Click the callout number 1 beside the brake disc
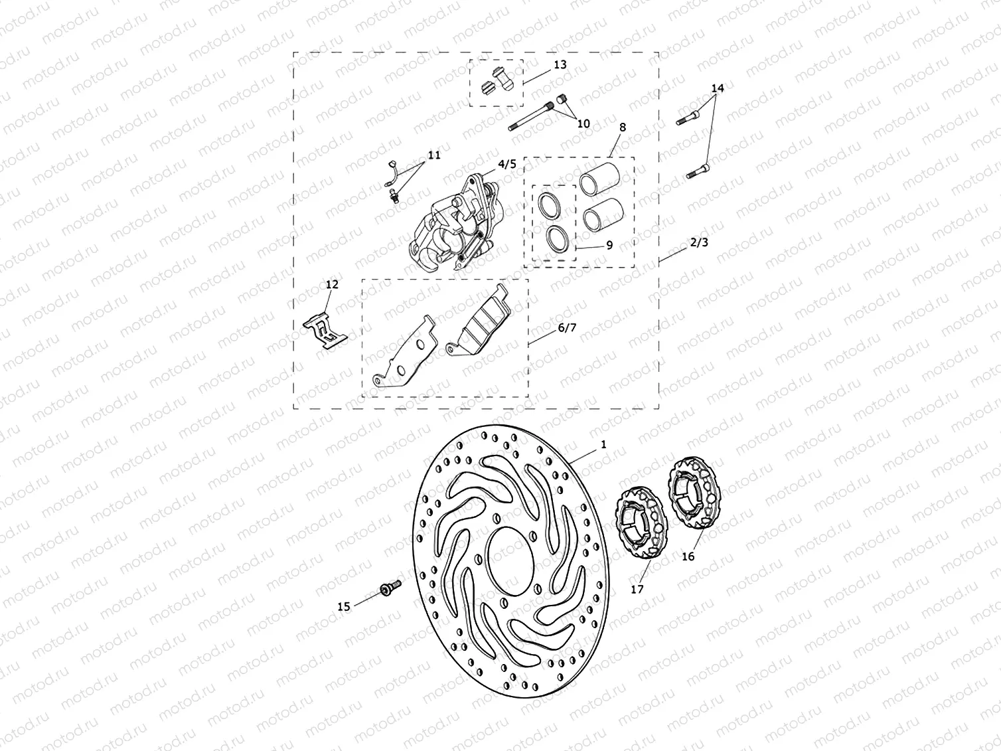(603, 445)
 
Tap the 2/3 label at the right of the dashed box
(699, 242)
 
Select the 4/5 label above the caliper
(506, 164)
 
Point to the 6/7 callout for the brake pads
(567, 327)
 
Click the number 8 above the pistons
(622, 127)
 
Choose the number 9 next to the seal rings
(609, 245)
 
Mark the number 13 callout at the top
(560, 64)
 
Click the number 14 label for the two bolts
(718, 88)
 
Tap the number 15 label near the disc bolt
(344, 606)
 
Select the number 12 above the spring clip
(332, 284)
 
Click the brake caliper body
(451, 226)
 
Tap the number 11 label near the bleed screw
(433, 155)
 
